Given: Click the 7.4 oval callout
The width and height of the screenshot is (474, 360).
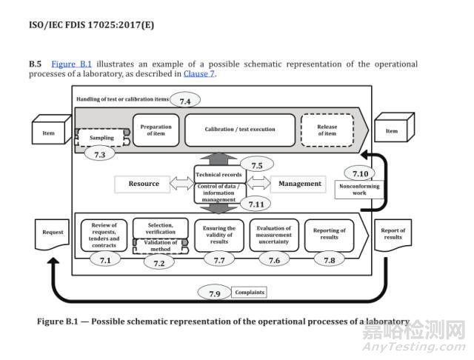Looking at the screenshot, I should point(185,99).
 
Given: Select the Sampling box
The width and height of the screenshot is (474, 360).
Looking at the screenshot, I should point(102,138).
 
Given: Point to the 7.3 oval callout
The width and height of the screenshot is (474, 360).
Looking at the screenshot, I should point(100,154).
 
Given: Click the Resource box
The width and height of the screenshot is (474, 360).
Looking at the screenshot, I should point(144,184).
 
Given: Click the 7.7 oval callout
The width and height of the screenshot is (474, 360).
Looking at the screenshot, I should point(218,259).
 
